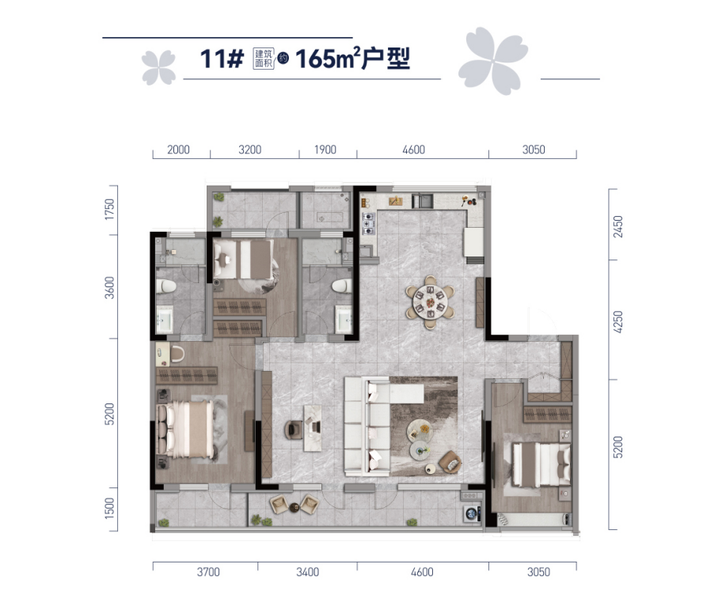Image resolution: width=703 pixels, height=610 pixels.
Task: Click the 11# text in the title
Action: coord(222,59)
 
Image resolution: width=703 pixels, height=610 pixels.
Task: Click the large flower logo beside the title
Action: coord(492,60)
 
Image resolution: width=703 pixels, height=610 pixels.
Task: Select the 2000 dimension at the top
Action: coord(178,150)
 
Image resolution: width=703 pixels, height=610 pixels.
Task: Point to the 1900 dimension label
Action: coord(325,150)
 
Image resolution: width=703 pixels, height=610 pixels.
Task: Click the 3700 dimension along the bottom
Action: coord(208,572)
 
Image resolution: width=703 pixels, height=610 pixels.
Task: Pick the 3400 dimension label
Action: coord(307,572)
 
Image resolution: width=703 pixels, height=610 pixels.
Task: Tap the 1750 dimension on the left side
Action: coord(109,209)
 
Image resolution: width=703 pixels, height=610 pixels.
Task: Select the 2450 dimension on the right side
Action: coord(618,227)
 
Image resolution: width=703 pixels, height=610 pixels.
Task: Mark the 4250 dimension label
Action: coord(618,322)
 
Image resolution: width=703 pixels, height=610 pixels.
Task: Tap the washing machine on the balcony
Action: coord(473,513)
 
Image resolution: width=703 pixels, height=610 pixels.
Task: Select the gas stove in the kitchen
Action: coord(368,224)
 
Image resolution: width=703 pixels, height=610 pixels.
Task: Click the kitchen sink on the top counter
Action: coord(422,200)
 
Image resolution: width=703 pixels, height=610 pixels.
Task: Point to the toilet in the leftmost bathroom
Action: coord(165,286)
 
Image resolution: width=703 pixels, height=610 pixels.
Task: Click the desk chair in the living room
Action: coord(294,430)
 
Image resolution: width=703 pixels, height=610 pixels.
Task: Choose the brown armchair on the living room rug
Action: coord(450,461)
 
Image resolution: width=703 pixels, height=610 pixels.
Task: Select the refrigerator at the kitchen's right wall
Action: coord(474,242)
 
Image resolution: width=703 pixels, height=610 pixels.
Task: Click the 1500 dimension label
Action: coord(109,509)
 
